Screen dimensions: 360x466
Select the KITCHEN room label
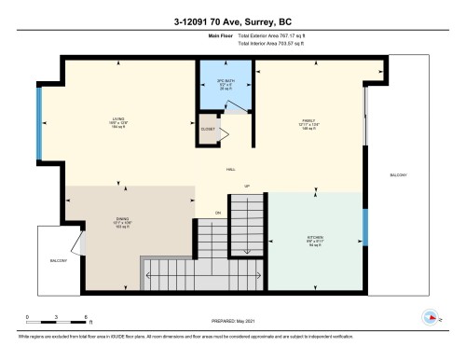click(315, 239)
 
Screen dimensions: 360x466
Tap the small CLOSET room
click(209, 130)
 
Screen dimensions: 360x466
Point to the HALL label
click(230, 169)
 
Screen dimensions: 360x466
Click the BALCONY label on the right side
click(398, 175)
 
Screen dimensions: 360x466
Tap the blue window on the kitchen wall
click(365, 229)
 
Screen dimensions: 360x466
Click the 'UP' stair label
click(247, 187)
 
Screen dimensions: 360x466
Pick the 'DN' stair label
click(217, 213)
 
